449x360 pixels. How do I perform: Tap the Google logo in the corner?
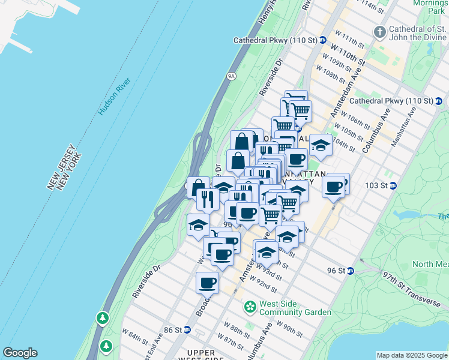(x=20, y=353)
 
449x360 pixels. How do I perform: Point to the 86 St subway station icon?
(x=187, y=330)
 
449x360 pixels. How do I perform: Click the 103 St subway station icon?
(x=393, y=185)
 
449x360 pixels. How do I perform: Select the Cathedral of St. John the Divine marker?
(x=379, y=31)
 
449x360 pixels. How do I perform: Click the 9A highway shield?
(x=232, y=76)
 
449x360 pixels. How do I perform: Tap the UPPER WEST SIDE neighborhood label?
(x=206, y=354)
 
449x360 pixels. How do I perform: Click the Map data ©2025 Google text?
(x=412, y=355)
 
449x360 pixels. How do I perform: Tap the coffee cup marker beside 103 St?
(x=333, y=187)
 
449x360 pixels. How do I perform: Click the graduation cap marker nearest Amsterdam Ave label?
(x=267, y=253)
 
